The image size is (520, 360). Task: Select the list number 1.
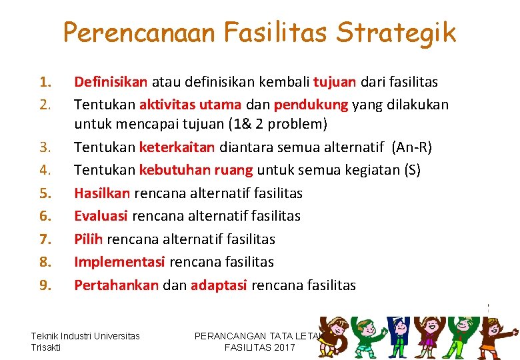45,82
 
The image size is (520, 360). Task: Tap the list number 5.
45,193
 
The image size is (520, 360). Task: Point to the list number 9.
45,285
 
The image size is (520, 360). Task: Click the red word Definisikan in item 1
111,82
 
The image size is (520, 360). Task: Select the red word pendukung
311,105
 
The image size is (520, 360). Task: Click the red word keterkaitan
177,147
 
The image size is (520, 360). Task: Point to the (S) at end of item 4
412,170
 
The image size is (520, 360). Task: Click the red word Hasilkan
103,193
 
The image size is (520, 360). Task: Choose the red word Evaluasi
101,216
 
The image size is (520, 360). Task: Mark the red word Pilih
89,239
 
